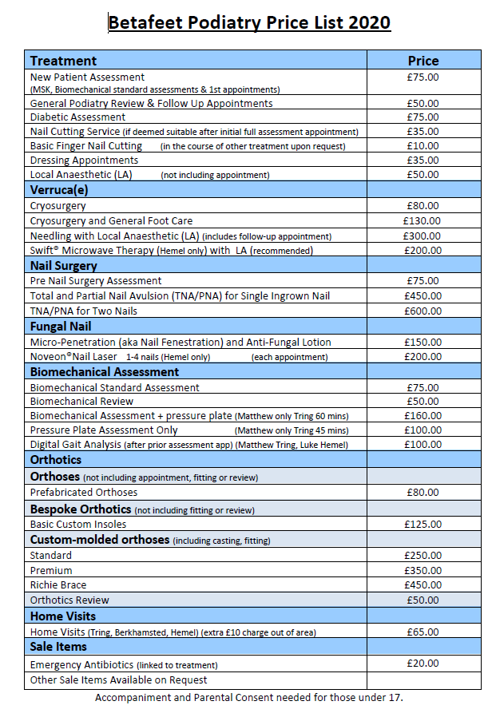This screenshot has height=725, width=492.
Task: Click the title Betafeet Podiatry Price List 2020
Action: [x=249, y=22]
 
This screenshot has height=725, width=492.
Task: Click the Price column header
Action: [x=423, y=61]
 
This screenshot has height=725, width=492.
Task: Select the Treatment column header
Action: [x=63, y=61]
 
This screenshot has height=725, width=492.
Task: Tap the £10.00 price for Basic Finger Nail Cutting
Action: [x=423, y=146]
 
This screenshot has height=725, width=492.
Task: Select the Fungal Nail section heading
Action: [x=61, y=327]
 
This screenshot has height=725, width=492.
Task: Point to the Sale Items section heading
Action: [x=59, y=647]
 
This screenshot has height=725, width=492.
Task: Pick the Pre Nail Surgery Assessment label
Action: [x=96, y=281]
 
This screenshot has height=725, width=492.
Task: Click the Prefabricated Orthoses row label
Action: [x=84, y=493]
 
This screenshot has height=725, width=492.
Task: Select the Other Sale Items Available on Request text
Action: [x=118, y=680]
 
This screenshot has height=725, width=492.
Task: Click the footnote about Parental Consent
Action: [x=249, y=698]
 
